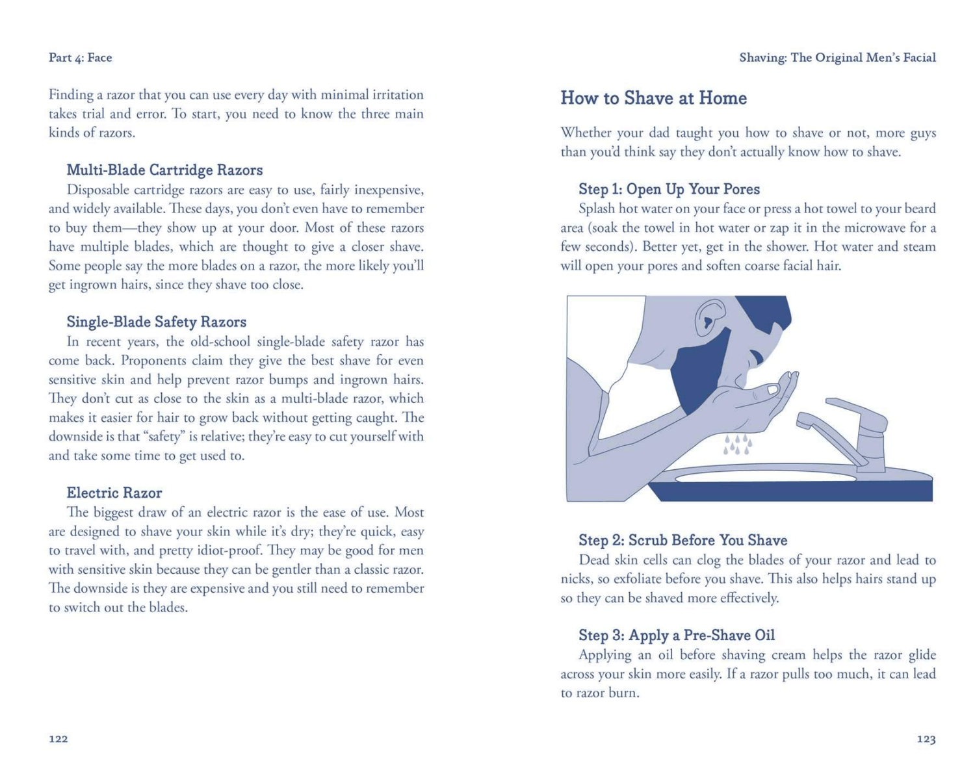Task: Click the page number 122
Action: pos(58,739)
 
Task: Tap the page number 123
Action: pos(926,739)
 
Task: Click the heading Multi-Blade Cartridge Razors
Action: pos(164,170)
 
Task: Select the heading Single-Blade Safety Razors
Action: pos(156,322)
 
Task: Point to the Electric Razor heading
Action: pos(114,493)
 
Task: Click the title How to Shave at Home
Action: pos(653,98)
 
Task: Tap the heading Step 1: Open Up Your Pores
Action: pos(669,189)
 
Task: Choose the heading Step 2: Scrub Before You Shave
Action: pos(682,540)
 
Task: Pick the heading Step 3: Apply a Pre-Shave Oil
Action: pos(677,635)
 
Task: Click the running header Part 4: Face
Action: pos(80,58)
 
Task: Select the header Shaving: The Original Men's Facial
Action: pos(837,58)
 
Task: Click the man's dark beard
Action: pos(699,370)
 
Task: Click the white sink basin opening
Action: pos(765,478)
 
